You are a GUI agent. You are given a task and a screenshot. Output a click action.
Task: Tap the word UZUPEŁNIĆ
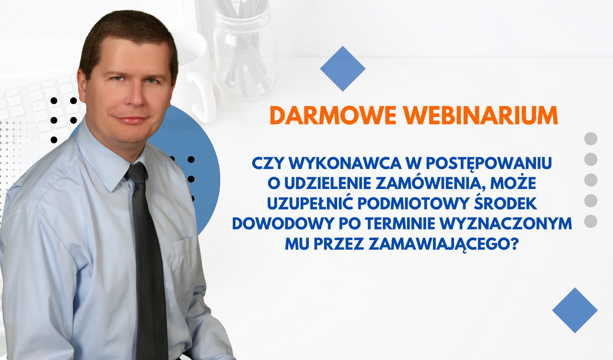click(x=310, y=203)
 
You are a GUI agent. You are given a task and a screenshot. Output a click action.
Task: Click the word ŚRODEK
click(x=505, y=203)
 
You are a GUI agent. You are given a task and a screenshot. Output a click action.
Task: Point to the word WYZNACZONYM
click(x=506, y=223)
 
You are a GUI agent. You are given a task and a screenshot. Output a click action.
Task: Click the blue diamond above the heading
click(x=342, y=69)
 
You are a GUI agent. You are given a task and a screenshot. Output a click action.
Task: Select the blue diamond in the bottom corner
click(x=574, y=310)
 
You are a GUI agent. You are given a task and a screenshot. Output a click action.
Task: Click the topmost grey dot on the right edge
click(x=591, y=139)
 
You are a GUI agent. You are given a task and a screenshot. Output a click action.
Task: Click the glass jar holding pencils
click(x=245, y=51)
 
